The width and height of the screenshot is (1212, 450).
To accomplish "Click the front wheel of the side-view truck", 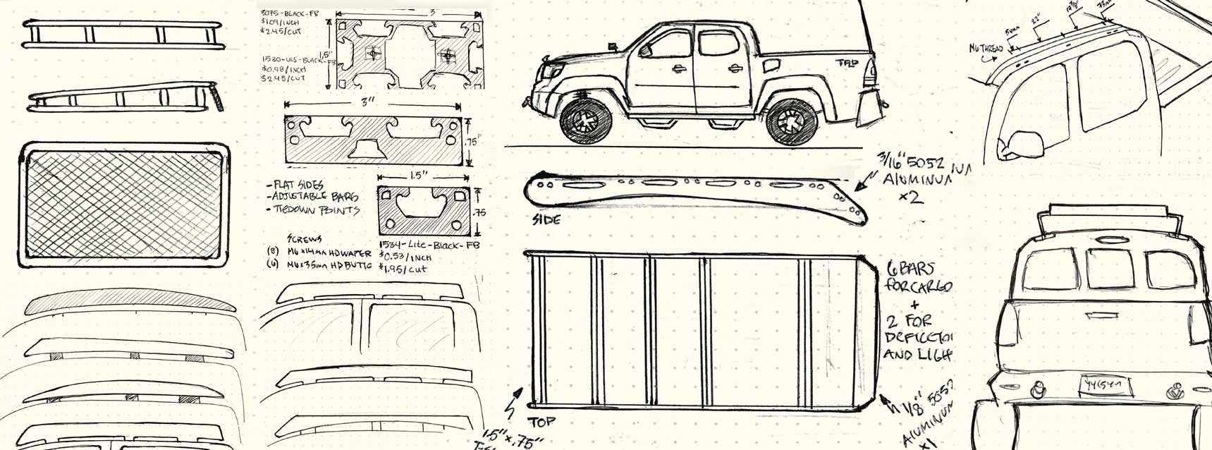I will click(584, 121).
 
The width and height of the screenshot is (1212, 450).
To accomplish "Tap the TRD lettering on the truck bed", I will click(847, 62).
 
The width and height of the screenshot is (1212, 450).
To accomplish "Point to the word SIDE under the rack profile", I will click(546, 220).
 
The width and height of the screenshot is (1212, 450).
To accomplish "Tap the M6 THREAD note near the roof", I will click(985, 48).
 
